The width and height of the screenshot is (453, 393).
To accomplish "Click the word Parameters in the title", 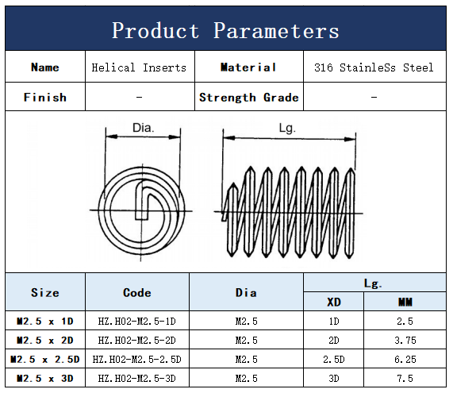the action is coord(276,31).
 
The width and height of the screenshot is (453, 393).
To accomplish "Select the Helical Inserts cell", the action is coord(139,67).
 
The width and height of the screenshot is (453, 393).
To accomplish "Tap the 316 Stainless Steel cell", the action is coord(374,67).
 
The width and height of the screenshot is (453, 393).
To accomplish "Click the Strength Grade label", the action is coord(249,98).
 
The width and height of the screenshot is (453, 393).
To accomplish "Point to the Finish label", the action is coord(45,97).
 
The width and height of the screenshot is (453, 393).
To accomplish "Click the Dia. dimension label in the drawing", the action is coord(143,128).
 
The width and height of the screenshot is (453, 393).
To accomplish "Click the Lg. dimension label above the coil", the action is coord(287,128).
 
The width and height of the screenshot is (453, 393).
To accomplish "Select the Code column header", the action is coord(137,293).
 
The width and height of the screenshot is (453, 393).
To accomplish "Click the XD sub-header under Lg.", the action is coord(334,302).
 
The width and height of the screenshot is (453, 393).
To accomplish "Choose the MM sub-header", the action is coord(405,302).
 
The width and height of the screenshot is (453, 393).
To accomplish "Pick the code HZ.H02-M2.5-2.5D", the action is coord(137,359).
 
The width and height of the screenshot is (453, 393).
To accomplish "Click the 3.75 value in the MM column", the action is coord(405,340).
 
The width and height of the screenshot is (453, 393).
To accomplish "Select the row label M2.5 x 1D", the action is coord(45,321).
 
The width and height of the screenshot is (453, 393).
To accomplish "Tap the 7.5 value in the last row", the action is coord(405,378).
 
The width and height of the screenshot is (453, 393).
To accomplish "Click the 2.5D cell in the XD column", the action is coord(334,359).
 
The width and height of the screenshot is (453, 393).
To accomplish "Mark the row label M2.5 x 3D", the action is coord(45,378).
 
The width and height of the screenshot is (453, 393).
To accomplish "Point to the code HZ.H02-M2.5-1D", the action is coord(137,321).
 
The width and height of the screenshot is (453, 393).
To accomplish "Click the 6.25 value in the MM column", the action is coord(405,359).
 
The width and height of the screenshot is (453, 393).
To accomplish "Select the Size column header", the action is coord(45,293).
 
